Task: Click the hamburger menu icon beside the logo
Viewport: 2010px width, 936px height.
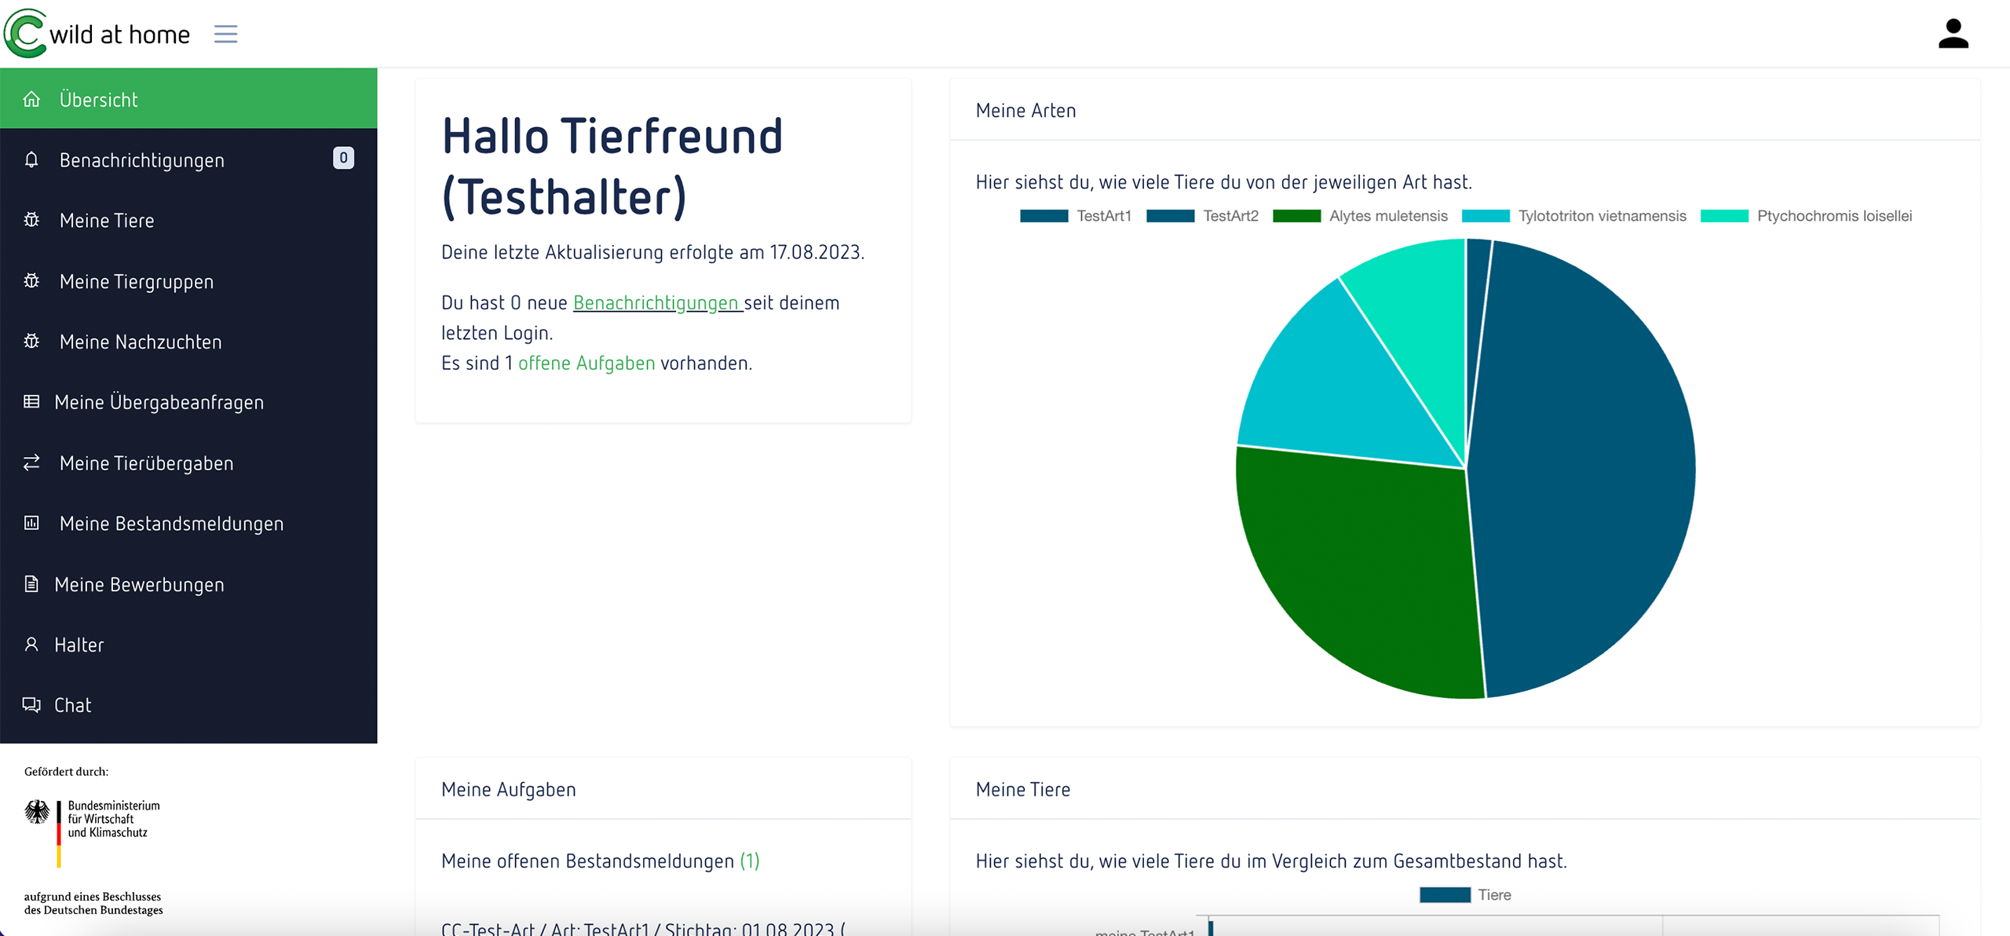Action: coord(225,34)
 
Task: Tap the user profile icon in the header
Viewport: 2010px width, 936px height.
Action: coord(1953,34)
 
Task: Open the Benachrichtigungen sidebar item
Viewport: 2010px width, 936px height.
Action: coord(141,160)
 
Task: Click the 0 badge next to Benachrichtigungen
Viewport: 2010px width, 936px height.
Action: coord(343,158)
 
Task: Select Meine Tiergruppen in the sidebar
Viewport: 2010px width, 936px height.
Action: coord(136,281)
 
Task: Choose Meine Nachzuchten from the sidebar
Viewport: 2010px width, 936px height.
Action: coord(140,342)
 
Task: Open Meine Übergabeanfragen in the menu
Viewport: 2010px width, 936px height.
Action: coord(159,402)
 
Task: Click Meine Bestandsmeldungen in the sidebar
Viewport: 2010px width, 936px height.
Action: coord(171,523)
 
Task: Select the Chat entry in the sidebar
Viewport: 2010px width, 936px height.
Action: coord(72,705)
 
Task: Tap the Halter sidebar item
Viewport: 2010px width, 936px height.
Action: coord(79,645)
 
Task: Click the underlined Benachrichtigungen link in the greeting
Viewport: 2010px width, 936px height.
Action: coord(656,302)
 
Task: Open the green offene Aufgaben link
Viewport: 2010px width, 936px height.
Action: coord(587,363)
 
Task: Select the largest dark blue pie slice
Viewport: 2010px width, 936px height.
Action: coord(1586,471)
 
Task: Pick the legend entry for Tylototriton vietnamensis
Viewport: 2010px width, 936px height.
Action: coord(1573,216)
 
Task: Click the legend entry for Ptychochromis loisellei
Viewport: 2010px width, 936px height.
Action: coord(1806,216)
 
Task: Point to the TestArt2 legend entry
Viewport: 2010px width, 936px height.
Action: coord(1202,216)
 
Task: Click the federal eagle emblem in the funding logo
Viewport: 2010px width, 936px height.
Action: coord(37,811)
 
